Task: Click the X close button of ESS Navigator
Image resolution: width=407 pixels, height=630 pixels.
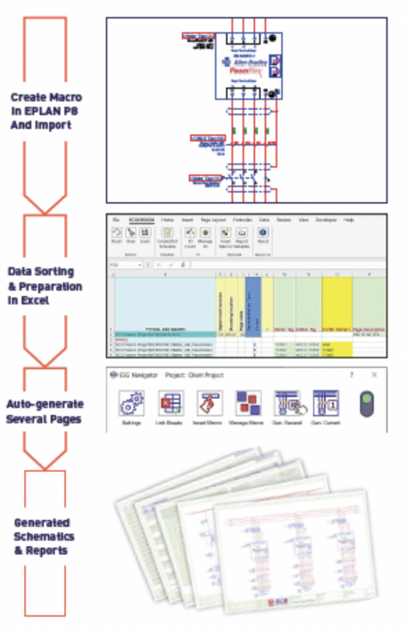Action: point(373,374)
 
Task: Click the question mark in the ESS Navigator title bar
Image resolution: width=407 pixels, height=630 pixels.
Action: point(351,374)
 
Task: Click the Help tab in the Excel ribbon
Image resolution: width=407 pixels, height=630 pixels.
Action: point(350,220)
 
